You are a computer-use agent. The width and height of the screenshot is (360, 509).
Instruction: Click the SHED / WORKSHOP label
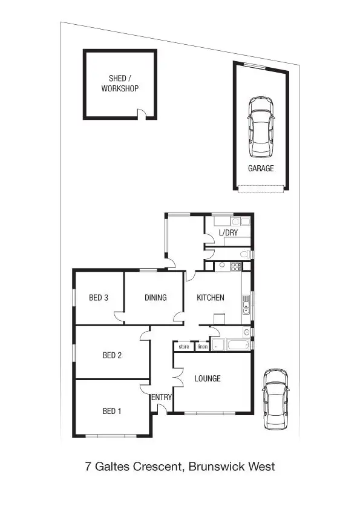120,84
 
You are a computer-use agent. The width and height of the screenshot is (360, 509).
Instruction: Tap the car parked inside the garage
261,126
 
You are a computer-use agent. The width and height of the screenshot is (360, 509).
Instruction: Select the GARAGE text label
261,168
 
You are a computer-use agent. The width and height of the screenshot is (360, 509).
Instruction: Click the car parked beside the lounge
275,399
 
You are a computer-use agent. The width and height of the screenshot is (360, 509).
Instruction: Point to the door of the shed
142,114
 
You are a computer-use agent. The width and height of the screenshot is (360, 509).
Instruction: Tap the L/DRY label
228,232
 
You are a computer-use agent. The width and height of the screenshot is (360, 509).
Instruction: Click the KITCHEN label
210,297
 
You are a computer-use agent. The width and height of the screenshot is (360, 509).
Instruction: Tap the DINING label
155,297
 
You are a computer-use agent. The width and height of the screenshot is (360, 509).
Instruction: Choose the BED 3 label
99,297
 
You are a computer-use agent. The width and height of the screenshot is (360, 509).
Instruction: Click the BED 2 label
112,355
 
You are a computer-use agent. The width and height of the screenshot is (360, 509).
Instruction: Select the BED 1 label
112,411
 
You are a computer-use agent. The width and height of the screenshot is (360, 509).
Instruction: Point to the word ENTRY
162,397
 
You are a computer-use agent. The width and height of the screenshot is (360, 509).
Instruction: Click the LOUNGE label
208,379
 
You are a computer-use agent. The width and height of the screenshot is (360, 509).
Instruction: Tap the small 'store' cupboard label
184,347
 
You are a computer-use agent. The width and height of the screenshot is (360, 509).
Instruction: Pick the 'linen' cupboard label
203,347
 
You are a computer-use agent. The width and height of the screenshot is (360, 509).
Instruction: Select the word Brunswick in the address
217,467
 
